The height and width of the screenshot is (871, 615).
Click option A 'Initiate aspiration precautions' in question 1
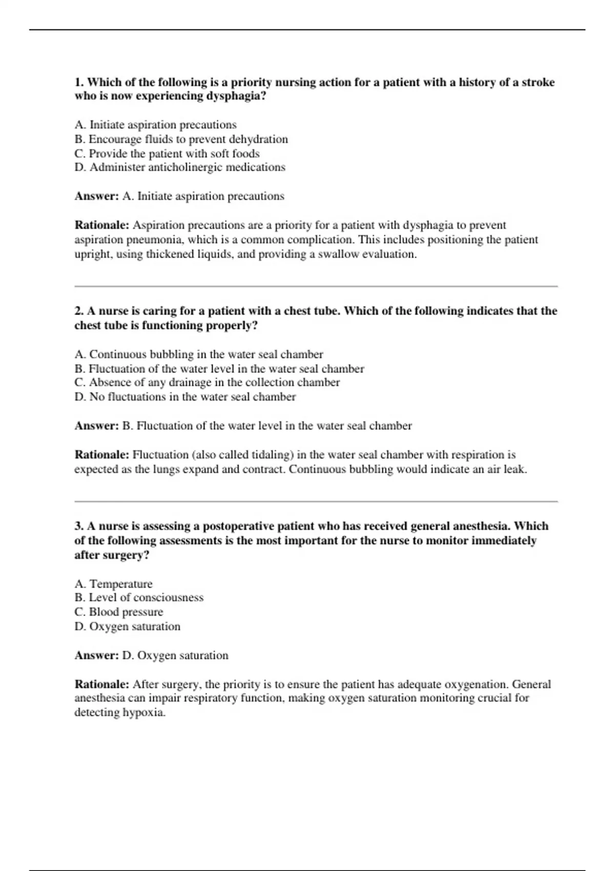[x=155, y=125]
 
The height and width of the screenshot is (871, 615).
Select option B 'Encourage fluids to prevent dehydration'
[x=181, y=139]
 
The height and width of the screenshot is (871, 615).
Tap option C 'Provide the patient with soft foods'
[x=167, y=154]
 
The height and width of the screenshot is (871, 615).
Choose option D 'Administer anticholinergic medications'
[x=179, y=168]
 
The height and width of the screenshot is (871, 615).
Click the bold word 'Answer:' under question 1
[x=97, y=196]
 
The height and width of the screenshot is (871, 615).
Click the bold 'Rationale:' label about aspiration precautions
[x=102, y=225]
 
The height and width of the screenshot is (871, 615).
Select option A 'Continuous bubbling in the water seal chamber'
[x=198, y=355]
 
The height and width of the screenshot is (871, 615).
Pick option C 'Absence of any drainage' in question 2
[x=207, y=383]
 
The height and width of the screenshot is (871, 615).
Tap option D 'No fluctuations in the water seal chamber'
[x=184, y=397]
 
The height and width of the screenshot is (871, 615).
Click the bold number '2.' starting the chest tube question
[x=79, y=311]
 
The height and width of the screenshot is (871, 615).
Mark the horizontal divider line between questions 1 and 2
[x=316, y=286]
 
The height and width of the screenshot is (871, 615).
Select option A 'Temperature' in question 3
[x=113, y=584]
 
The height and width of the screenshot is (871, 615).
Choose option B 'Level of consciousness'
[x=138, y=598]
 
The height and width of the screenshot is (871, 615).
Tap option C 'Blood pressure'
[x=118, y=612]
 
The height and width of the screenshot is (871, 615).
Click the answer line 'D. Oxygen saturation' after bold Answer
[x=175, y=656]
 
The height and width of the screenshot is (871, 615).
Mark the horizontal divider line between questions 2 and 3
[x=316, y=502]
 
